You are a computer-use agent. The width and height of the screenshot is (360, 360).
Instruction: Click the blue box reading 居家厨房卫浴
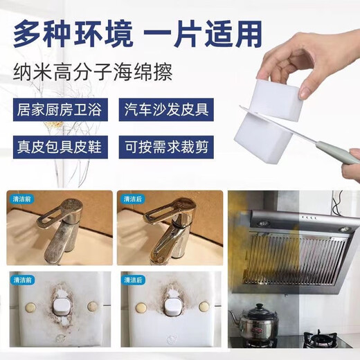[x=60, y=110]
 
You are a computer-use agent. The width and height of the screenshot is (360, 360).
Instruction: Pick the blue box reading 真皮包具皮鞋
[x=60, y=147]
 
